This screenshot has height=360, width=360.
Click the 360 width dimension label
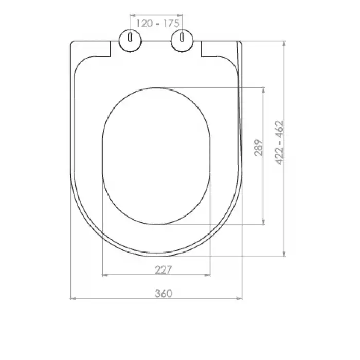(164, 294)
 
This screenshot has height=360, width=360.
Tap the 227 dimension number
(164, 270)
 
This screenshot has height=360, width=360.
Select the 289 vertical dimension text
(259, 148)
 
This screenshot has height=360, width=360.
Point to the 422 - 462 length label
(279, 142)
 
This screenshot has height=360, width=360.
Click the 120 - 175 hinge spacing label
(157, 23)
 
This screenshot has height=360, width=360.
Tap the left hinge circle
(130, 41)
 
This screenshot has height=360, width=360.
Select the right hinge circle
(182, 41)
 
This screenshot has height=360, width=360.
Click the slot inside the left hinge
(130, 38)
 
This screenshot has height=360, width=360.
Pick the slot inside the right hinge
(182, 38)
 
